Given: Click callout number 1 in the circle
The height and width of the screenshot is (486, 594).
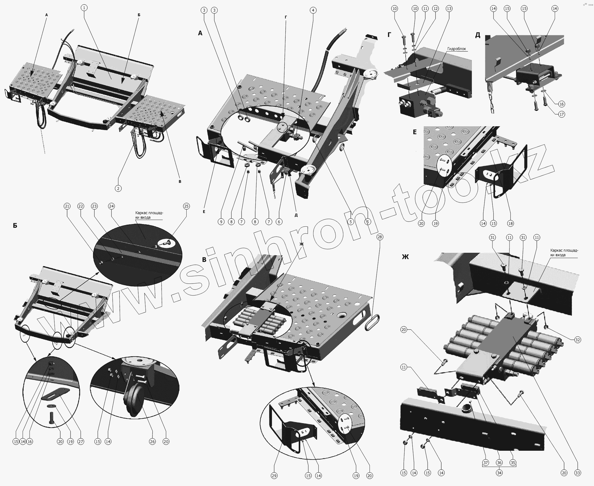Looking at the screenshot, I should point(84,8).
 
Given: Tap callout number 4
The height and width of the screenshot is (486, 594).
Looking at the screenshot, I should point(313,11).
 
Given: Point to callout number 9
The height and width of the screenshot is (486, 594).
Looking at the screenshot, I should point(221,222).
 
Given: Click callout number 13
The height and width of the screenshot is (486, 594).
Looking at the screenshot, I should point(449,9).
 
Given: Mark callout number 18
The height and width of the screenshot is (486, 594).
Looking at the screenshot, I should point(511,223).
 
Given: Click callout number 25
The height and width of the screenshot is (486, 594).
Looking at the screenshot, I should point(186,206).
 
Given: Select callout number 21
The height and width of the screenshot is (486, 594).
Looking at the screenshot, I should point(67,206).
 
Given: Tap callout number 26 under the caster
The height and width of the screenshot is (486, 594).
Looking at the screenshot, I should point(152,442).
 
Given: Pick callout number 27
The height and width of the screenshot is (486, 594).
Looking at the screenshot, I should point(81,442).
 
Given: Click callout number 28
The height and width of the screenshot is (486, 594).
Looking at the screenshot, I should point(379,237).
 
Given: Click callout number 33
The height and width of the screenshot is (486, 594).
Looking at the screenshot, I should point(577,473).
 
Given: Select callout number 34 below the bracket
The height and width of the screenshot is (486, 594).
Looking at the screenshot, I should point(499,473).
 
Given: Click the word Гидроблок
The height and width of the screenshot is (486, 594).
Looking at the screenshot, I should point(457,49).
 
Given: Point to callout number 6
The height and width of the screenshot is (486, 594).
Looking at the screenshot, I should point(279,222).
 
